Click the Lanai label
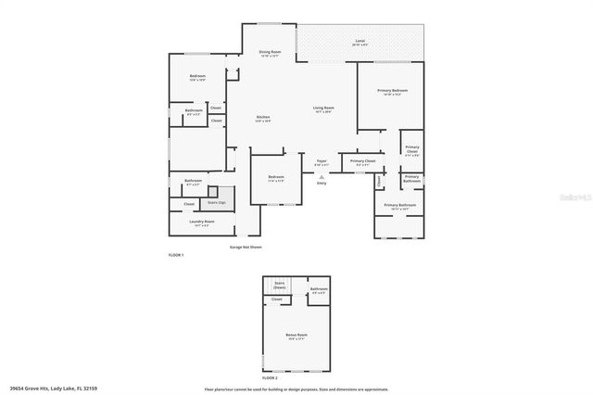tap(360, 42)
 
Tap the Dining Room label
tap(270, 52)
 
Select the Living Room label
tap(322, 108)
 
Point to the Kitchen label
tap(263, 118)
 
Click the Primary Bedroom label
tap(392, 91)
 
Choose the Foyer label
tap(322, 161)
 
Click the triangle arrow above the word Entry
tap(322, 176)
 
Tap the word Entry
tap(322, 184)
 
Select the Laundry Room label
tap(203, 223)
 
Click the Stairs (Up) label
tap(217, 201)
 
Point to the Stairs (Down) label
tap(279, 287)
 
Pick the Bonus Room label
tap(296, 335)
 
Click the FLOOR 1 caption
tap(176, 254)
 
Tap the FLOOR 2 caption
tap(270, 378)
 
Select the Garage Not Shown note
tap(246, 248)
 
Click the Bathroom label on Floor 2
tap(319, 289)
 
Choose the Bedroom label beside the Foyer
tap(276, 177)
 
